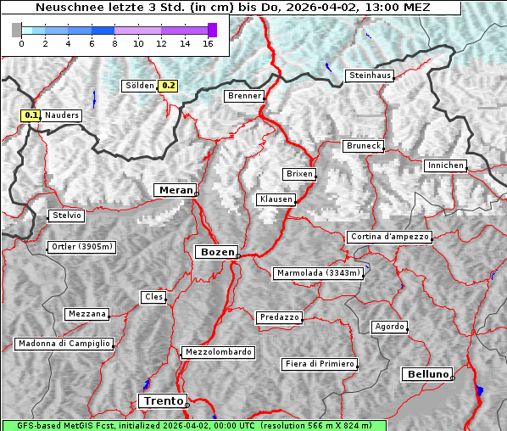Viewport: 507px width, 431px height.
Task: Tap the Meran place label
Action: pos(174,190)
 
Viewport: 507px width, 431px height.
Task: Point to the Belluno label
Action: pos(427,373)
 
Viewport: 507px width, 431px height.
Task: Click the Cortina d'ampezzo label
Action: pos(389,237)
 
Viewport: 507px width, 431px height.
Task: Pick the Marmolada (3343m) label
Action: pos(319,273)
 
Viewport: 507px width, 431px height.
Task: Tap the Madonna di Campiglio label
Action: pos(64,344)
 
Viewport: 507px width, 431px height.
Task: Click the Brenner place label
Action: pos(244,96)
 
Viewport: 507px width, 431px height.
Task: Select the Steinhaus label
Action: pos(370,76)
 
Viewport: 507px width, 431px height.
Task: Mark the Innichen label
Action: pos(445,165)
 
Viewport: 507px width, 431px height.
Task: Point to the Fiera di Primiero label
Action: pos(319,364)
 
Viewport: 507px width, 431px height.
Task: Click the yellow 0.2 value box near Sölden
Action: pos(169,86)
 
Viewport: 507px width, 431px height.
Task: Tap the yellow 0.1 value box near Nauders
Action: pos(31,115)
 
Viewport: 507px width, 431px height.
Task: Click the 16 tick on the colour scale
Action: pos(208,43)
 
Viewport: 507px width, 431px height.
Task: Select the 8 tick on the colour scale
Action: pos(114,43)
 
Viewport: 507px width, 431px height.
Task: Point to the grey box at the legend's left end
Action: pos(17,30)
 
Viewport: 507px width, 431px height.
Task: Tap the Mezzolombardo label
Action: pos(217,352)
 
